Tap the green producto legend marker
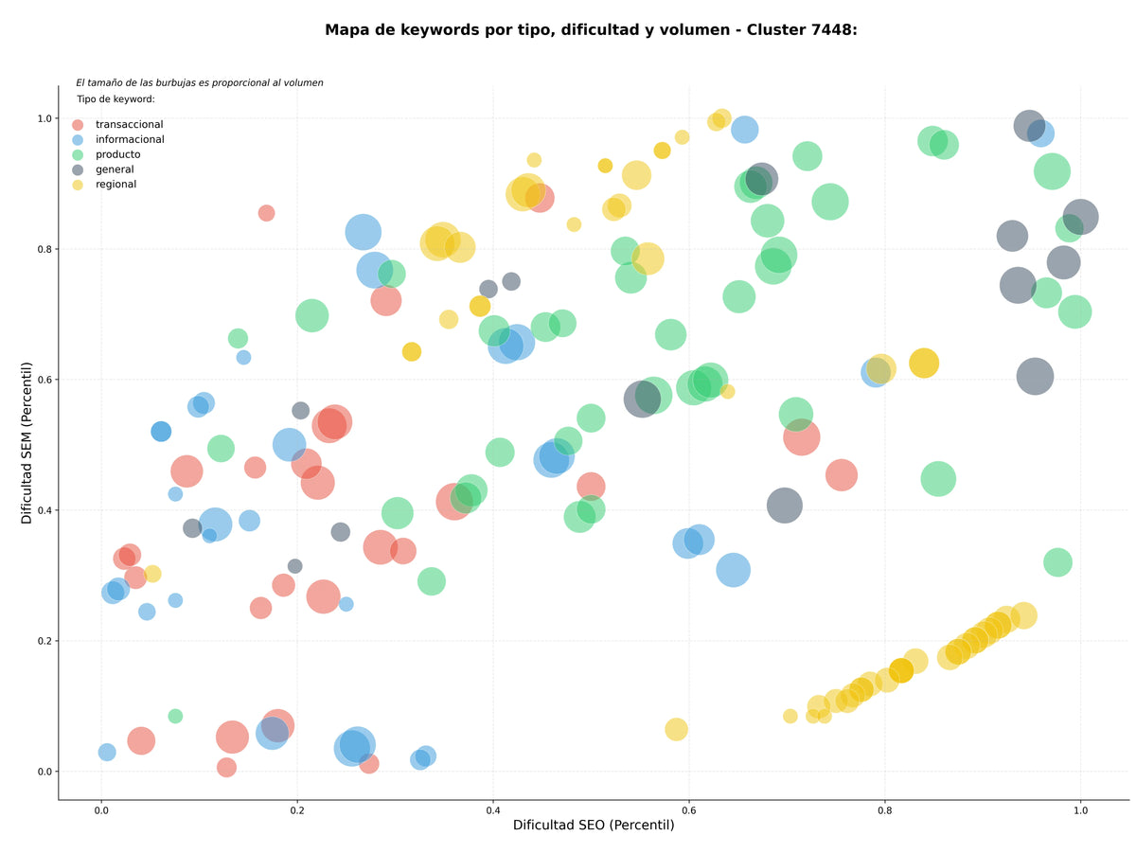click(x=77, y=154)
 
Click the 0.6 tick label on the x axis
click(x=688, y=810)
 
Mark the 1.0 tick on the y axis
click(x=44, y=118)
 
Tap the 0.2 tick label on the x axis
click(x=297, y=810)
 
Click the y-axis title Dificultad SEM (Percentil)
click(x=27, y=443)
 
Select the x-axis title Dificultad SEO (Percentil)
click(x=594, y=825)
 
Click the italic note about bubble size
click(x=199, y=82)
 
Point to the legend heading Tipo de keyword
click(x=115, y=98)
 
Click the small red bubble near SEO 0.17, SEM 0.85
click(x=266, y=213)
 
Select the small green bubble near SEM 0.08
click(x=175, y=717)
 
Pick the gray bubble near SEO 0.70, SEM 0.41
click(x=784, y=506)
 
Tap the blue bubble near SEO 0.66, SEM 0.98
click(x=744, y=129)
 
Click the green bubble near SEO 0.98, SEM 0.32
click(x=1057, y=562)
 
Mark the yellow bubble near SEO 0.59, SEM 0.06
click(x=676, y=729)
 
